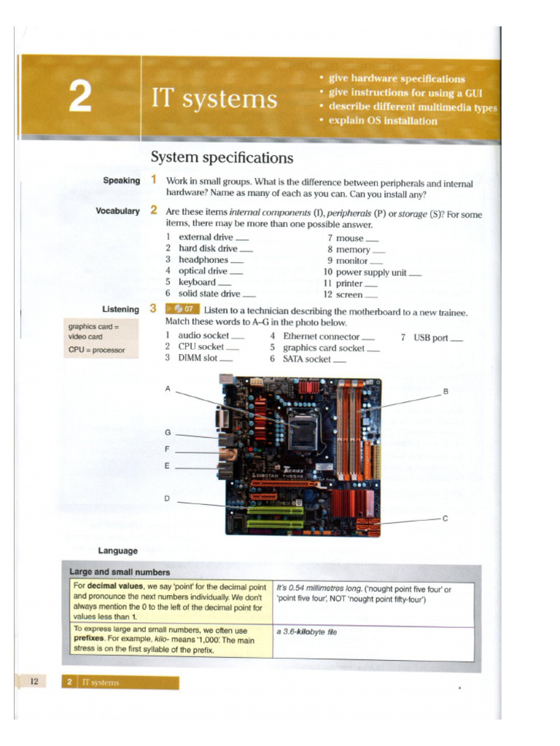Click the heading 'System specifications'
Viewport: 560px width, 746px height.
(222, 157)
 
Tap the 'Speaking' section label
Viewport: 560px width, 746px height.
(121, 181)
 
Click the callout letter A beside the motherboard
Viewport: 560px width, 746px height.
(168, 389)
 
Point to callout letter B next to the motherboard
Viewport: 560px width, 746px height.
(445, 392)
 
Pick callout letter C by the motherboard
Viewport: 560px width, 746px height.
(445, 519)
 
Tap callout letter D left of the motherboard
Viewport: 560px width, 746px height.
(167, 499)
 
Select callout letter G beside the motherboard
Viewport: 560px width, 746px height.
(168, 433)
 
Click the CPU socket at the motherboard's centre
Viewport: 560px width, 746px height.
(302, 435)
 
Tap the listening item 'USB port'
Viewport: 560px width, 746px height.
(430, 337)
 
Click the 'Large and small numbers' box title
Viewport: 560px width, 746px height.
(120, 572)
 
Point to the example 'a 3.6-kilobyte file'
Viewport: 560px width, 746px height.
(306, 632)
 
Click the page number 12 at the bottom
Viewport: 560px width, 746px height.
(34, 682)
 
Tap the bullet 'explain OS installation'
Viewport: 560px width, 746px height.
(383, 121)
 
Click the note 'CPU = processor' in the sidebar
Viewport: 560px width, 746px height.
(97, 350)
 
